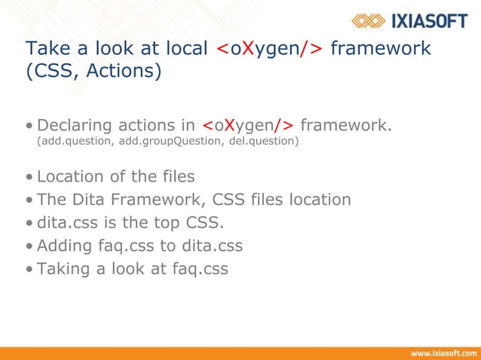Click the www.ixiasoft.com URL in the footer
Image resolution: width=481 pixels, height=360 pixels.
(443, 352)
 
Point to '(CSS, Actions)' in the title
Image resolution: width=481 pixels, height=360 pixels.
(93, 73)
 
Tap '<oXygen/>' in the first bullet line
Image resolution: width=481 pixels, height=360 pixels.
(248, 124)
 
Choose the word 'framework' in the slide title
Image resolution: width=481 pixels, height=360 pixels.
(381, 49)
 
